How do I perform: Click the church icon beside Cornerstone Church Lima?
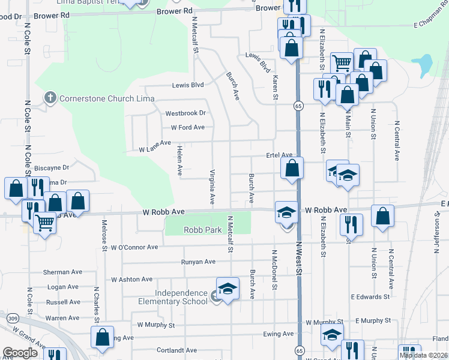tap(50, 97)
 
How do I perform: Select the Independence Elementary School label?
tap(173, 297)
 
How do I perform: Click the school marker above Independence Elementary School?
tap(228, 289)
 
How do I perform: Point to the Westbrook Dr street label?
tap(185, 113)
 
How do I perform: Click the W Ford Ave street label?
tap(187, 127)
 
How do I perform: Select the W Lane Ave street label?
tap(155, 150)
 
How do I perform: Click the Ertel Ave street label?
tap(279, 155)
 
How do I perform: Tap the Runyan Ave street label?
tap(198, 262)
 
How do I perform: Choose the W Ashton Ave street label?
tap(132, 280)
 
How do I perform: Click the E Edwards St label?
tap(370, 297)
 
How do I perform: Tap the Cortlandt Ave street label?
tap(175, 350)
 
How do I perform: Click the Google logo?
tap(20, 352)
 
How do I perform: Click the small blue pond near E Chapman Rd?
tap(425, 62)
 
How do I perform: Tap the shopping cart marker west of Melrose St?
tap(45, 224)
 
